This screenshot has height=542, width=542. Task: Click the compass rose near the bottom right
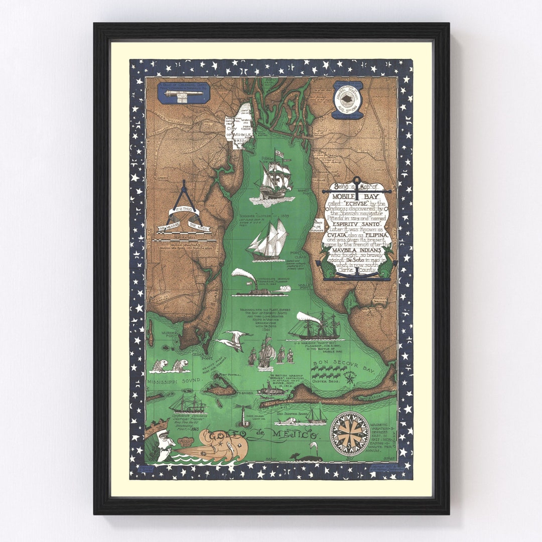tap(349, 434)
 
